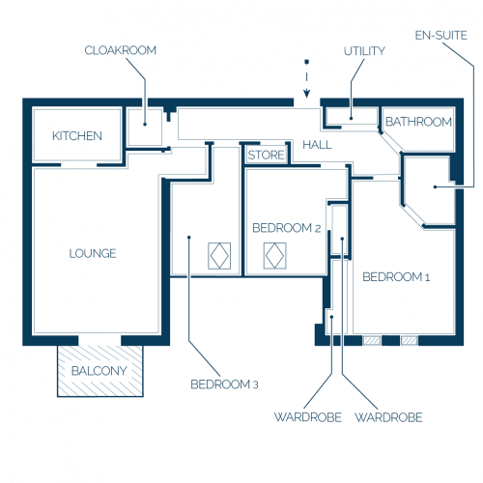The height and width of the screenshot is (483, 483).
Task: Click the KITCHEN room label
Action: point(77,136)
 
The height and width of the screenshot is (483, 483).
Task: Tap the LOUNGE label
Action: point(93,253)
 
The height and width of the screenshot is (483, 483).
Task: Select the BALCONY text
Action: point(99,371)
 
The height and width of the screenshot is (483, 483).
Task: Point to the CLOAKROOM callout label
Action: point(121,50)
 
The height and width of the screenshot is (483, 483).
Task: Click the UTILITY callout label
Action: point(364,51)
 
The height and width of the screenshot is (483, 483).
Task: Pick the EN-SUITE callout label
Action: point(441,35)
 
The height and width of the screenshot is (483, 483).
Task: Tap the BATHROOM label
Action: point(418,122)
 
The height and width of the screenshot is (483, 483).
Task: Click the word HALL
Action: point(317,145)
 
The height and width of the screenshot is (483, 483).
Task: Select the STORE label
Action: point(267,156)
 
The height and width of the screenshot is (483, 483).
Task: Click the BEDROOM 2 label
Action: point(287,228)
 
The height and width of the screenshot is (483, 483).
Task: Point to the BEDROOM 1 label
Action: point(396,277)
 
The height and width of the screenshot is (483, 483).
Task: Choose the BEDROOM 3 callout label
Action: point(224,384)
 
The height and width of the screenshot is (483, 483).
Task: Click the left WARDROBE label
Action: point(308,417)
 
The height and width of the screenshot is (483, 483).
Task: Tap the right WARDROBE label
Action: point(388,417)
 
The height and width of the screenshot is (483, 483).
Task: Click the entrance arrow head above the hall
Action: point(307,94)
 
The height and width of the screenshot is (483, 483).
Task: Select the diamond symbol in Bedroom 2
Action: point(274,256)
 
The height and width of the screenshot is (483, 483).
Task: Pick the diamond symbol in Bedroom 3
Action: point(219,256)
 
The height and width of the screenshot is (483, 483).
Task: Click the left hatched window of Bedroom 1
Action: point(372,340)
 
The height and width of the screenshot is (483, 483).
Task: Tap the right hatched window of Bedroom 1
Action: point(410,340)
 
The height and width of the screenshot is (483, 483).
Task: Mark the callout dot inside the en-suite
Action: point(435,186)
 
